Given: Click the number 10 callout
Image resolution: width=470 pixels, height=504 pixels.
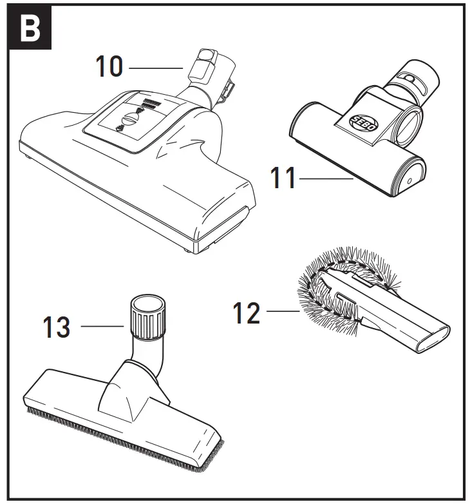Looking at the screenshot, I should (109, 66).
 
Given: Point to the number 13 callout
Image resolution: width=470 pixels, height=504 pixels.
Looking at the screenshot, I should (56, 327).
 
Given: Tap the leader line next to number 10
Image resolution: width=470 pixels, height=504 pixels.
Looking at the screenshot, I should (156, 68).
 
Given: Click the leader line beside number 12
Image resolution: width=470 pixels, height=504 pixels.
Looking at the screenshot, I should (282, 313).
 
